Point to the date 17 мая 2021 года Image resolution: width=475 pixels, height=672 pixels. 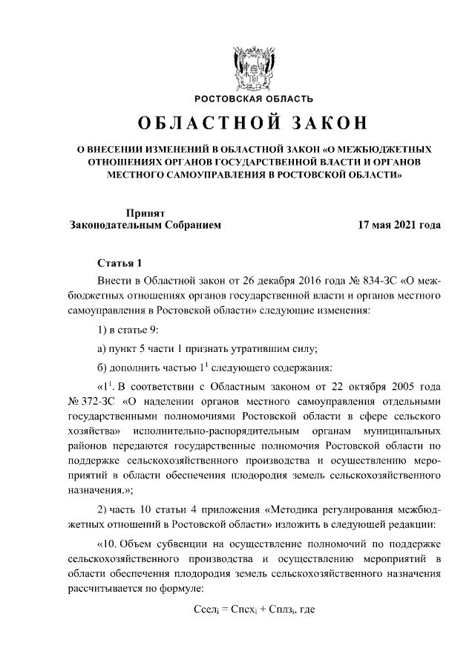(399, 224)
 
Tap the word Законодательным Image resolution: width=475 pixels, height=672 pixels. (111, 224)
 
